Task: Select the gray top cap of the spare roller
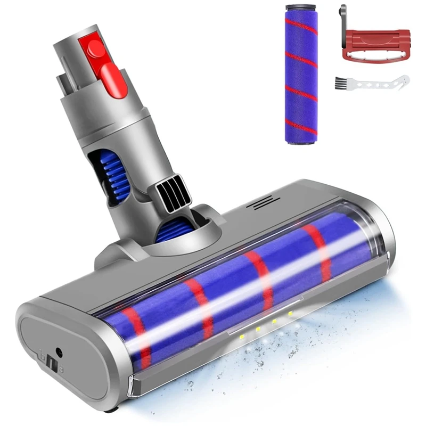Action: tap(301, 11)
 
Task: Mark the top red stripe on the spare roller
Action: tap(301, 25)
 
